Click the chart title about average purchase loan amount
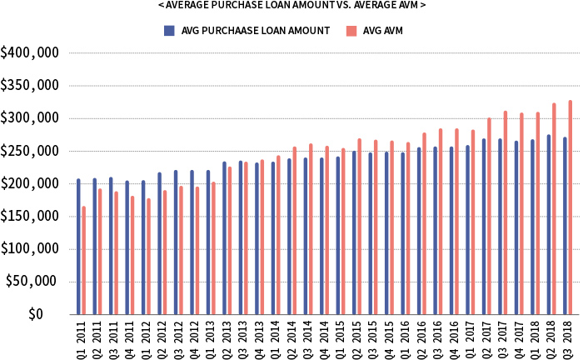pyautogui.click(x=291, y=6)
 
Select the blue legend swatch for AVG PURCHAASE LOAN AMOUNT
pyautogui.click(x=169, y=31)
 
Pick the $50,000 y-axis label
pyautogui.click(x=32, y=282)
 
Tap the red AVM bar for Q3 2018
pyautogui.click(x=571, y=207)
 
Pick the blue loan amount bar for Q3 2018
pyautogui.click(x=565, y=226)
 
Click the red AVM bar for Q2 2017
pyautogui.click(x=490, y=216)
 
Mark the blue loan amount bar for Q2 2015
pyautogui.click(x=354, y=232)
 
